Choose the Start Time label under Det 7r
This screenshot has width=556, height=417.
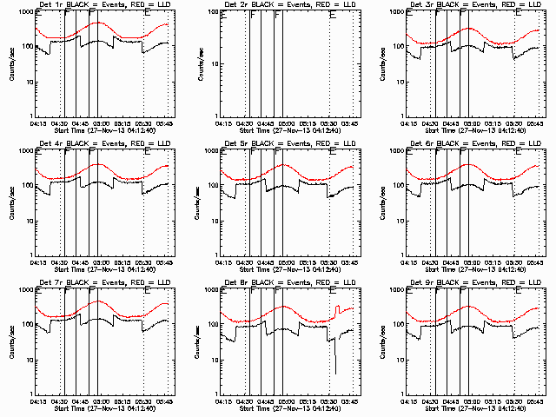pyautogui.click(x=96, y=407)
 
